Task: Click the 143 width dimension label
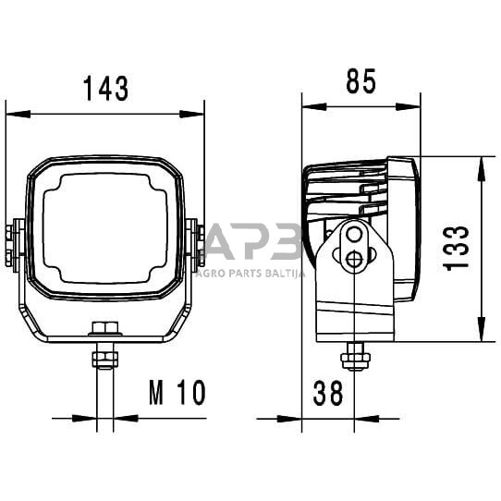(105, 89)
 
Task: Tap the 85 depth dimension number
(361, 81)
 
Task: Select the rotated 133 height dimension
(457, 249)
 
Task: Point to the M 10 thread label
(177, 393)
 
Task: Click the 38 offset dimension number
(328, 394)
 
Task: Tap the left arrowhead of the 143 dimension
(18, 114)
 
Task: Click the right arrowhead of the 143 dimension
(191, 114)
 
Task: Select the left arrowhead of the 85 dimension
(314, 106)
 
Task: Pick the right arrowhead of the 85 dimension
(408, 106)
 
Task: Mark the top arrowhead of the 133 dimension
(481, 169)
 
